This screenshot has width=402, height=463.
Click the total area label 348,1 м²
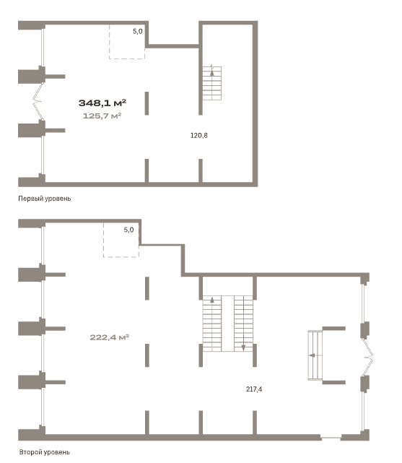102,103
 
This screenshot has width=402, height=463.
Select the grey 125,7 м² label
102,116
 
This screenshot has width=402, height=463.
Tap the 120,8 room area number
198,136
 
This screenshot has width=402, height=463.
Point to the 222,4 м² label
110,337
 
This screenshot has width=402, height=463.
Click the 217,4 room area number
254,389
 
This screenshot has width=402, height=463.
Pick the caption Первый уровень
45,199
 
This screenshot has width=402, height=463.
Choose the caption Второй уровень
45,452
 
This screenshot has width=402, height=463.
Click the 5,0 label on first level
137,31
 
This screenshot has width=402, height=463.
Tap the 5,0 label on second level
128,230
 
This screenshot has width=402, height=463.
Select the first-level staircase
211,83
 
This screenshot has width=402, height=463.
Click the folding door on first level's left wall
38,101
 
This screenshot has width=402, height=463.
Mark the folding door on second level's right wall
368,358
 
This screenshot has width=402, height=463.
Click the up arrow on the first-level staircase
211,71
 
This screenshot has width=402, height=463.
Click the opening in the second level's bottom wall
331,438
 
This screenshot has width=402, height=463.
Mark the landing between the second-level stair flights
227,324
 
